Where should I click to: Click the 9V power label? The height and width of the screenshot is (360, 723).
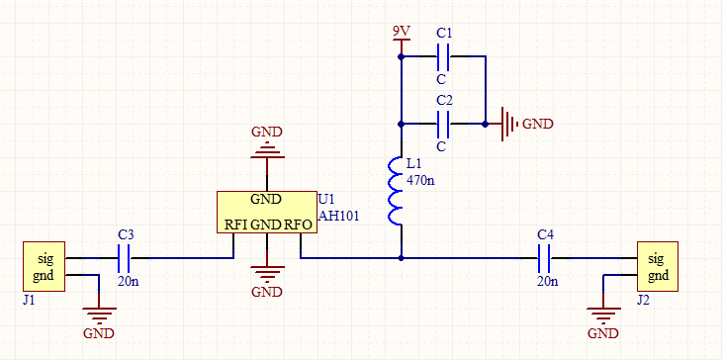click(402, 32)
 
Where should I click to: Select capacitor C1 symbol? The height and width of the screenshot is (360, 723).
click(442, 56)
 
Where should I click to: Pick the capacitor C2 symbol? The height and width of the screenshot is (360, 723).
click(442, 124)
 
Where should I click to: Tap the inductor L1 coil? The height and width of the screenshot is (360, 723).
click(396, 191)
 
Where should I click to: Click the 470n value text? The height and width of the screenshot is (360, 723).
click(420, 180)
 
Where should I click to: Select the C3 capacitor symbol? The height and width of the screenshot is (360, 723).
click(124, 258)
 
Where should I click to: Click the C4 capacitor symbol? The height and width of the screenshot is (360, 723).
click(545, 258)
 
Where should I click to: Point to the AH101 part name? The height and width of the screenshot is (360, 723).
click(338, 217)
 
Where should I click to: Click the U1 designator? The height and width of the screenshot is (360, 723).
click(326, 200)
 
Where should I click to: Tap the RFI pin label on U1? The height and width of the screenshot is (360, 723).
click(236, 225)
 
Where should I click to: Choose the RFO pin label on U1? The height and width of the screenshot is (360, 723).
click(299, 225)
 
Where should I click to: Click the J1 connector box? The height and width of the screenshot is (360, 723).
click(44, 266)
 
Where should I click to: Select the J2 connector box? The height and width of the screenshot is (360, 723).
click(658, 266)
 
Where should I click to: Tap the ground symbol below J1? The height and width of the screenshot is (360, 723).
click(99, 316)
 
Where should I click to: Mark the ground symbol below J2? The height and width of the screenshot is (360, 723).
click(603, 316)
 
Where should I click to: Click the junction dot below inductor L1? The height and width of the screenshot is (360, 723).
click(402, 258)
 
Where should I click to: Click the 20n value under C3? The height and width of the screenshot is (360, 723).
click(129, 281)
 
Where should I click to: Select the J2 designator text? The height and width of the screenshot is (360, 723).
click(643, 301)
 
